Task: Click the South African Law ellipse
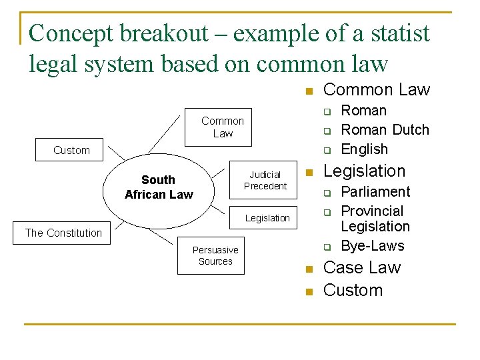[158, 187]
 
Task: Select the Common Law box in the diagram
[223, 127]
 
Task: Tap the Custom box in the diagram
[71, 150]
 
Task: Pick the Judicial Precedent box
[265, 180]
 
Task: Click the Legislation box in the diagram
[267, 218]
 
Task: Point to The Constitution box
[63, 233]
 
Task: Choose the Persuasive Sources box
[215, 255]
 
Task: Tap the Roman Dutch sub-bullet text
[385, 129]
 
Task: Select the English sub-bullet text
[364, 149]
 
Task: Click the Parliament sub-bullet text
[375, 191]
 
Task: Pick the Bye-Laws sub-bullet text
[372, 245]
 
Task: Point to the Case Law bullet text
[361, 267]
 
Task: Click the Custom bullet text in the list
[353, 290]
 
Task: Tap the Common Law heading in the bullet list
[377, 89]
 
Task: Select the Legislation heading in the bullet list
[364, 171]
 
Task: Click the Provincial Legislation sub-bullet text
[375, 219]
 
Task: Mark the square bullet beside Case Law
[309, 269]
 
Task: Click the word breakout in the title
[169, 33]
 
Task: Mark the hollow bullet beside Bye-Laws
[328, 247]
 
